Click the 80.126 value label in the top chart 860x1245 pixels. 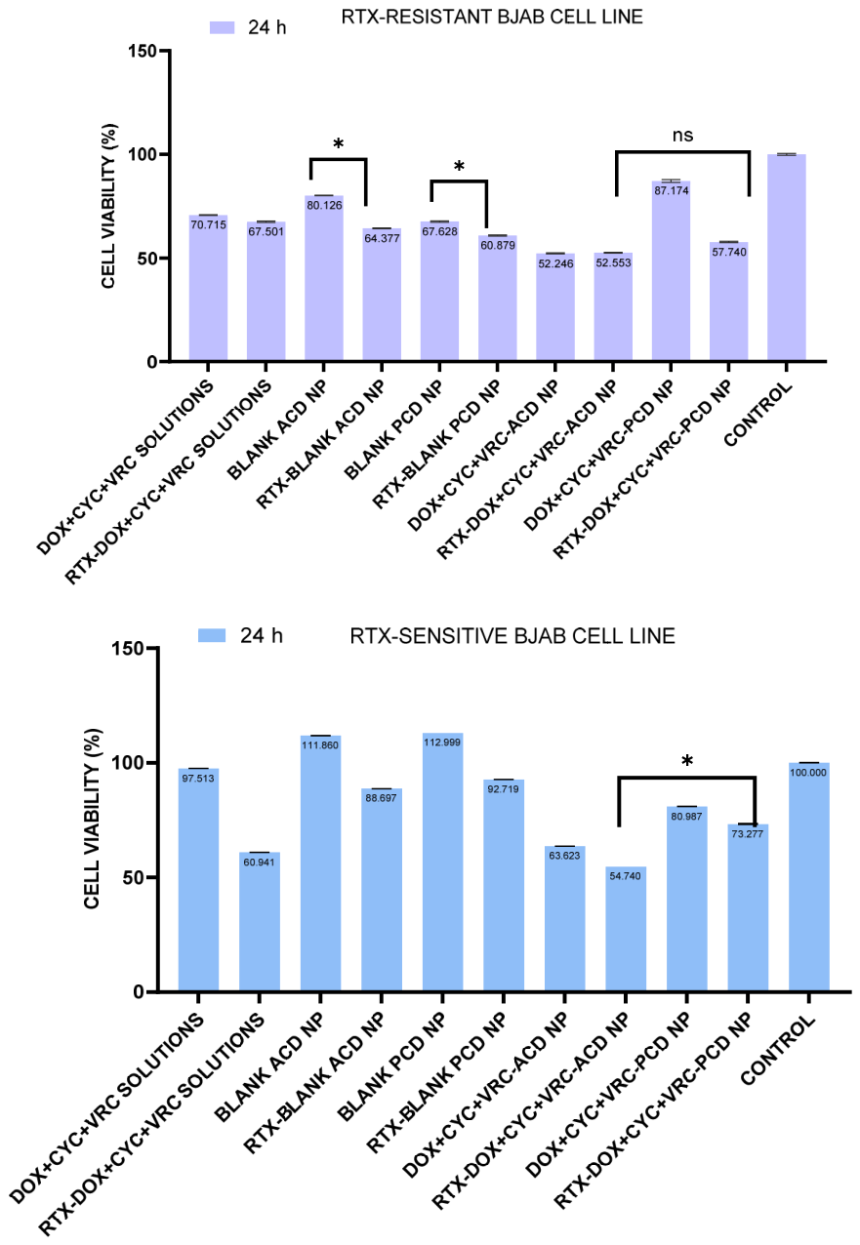324,205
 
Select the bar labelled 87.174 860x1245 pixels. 671,271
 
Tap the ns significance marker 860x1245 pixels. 682,136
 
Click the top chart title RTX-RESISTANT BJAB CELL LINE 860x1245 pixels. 492,17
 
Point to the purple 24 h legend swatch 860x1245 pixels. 223,27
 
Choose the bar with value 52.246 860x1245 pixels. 555,307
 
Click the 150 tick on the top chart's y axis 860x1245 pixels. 142,51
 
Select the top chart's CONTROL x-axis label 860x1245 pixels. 758,414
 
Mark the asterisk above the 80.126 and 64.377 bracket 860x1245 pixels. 338,144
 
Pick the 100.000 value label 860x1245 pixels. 807,773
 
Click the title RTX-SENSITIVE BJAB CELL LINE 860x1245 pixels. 512,636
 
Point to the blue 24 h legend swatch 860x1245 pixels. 212,635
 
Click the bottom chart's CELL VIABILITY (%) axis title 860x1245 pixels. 92,819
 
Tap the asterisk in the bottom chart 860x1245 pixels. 687,761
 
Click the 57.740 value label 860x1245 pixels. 729,252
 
